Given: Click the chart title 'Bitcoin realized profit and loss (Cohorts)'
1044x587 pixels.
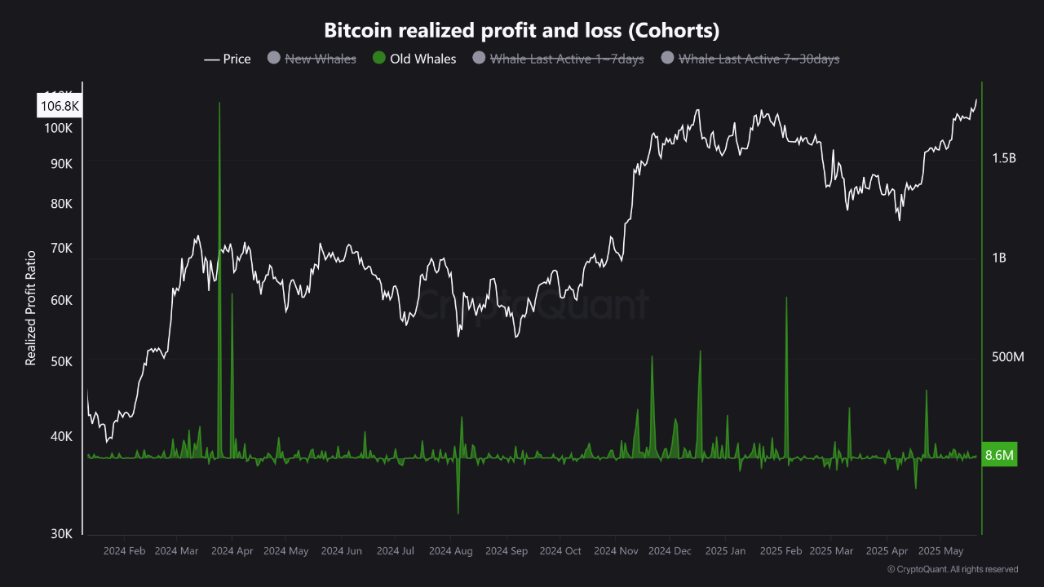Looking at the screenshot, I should click(522, 30).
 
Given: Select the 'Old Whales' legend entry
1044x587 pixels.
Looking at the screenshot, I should click(414, 59).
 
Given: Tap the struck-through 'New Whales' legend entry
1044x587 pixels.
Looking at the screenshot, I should click(312, 59).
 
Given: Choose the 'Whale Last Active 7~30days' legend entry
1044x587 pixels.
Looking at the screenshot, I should click(750, 59).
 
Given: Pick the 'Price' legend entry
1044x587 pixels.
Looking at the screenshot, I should click(228, 59).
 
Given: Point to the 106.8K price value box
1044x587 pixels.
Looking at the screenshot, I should click(60, 106).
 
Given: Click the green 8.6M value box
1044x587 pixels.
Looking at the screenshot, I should click(999, 456).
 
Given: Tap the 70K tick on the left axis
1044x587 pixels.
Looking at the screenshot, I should click(62, 248).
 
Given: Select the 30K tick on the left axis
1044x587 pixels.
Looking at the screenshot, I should click(62, 533).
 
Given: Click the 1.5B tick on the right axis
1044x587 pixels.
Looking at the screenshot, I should click(1003, 158).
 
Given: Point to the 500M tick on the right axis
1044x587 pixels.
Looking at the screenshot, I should click(1006, 357).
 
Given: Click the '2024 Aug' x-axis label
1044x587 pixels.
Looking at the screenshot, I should click(450, 551).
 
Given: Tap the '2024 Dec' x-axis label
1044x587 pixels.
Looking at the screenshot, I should click(669, 551).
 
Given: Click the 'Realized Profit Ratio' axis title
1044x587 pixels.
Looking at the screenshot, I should click(31, 307).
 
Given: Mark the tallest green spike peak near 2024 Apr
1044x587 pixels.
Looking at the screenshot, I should click(219, 104).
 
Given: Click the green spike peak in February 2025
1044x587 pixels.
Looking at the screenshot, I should click(786, 298).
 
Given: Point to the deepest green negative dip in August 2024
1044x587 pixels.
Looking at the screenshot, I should click(458, 513).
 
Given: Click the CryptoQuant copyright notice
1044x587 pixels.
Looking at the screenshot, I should click(952, 569).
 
